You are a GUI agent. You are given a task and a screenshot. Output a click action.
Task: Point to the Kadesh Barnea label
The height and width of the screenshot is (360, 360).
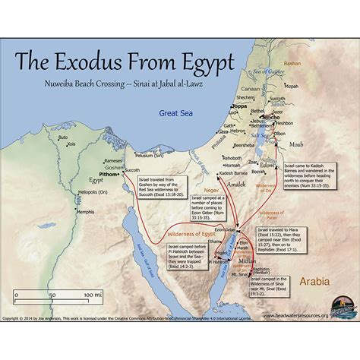[235, 173]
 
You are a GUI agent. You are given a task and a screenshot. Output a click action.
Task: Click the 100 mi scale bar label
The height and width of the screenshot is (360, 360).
[93, 294]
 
